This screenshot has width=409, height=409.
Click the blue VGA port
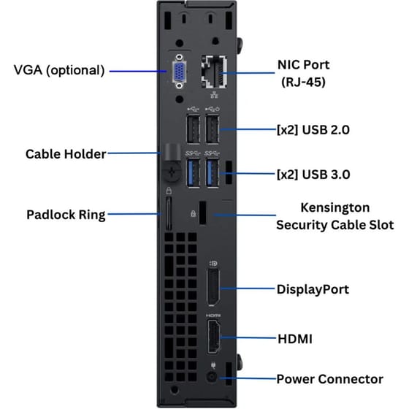(x=179, y=72)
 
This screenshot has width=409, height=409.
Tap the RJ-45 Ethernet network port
(x=213, y=72)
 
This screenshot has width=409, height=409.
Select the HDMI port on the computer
(x=213, y=337)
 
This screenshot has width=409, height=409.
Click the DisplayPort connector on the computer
(x=213, y=287)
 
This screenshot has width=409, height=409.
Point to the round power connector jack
(x=212, y=377)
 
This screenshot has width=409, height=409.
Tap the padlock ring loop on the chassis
(x=169, y=213)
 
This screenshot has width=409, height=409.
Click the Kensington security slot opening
(x=203, y=213)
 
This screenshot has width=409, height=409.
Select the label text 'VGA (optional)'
(x=59, y=70)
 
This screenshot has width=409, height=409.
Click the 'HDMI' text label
(x=295, y=339)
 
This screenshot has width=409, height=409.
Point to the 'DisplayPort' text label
(x=313, y=289)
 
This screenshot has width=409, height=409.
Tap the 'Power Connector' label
(x=329, y=379)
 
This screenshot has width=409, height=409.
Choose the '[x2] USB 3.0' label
(x=313, y=175)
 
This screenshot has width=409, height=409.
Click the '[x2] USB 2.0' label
(x=313, y=130)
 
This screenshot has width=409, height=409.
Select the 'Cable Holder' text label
(x=66, y=154)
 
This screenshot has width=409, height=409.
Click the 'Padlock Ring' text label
(x=66, y=215)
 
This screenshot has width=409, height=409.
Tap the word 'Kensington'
(x=335, y=208)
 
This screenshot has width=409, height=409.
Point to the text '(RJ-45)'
(x=303, y=82)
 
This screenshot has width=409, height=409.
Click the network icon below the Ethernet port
(x=214, y=95)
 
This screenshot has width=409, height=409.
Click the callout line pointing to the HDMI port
(x=248, y=337)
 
